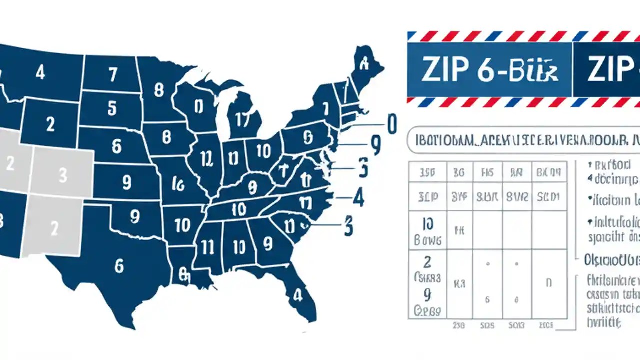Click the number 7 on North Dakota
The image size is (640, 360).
click(113, 75)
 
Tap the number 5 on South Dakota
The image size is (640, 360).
click(112, 108)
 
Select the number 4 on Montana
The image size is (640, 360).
click(40, 73)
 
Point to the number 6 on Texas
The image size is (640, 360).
click(119, 266)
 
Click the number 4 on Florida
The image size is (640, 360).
click(298, 295)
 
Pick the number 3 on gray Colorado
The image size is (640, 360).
click(62, 175)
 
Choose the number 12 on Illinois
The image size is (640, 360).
click(206, 158)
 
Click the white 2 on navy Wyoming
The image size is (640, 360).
click(50, 124)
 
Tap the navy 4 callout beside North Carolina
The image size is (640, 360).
click(358, 198)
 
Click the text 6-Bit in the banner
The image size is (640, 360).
click(519, 70)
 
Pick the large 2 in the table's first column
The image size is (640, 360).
click(427, 262)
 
